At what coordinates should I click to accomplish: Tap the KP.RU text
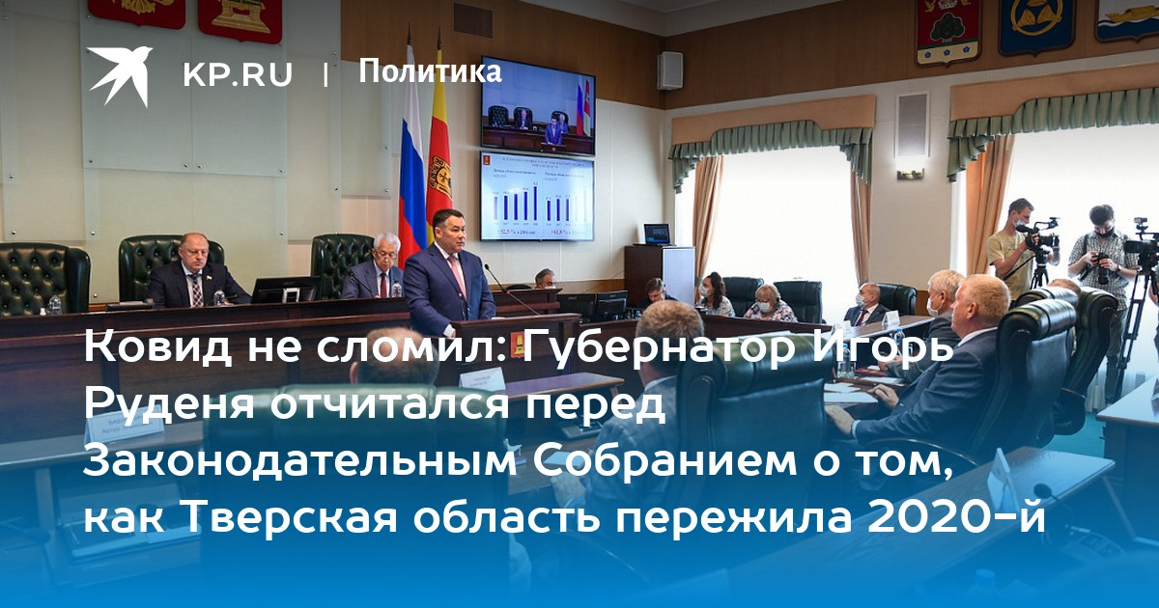point(238,75)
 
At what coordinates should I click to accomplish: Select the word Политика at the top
point(430,71)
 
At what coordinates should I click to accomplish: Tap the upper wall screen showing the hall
point(538,106)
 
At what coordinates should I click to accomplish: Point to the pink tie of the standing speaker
point(458,275)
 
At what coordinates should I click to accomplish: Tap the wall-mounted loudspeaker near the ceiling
point(669,70)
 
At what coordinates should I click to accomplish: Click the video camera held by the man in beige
point(1038,236)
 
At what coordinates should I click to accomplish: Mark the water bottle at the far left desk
point(55,305)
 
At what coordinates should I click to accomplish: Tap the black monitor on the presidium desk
point(285,290)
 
